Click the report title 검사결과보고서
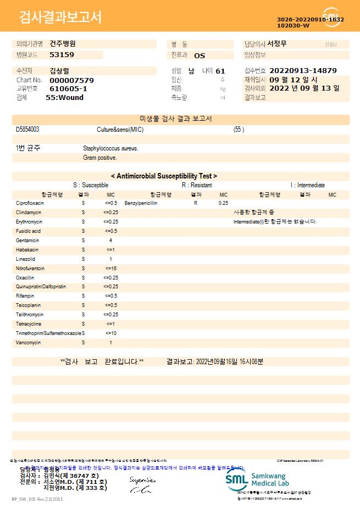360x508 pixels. click(60, 18)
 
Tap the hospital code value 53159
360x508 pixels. click(62, 55)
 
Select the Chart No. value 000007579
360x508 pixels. click(71, 80)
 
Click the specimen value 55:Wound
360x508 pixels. click(64, 98)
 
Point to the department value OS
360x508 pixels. click(200, 55)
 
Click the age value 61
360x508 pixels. click(220, 71)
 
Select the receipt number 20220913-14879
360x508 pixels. click(303, 71)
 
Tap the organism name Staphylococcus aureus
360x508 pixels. click(110, 148)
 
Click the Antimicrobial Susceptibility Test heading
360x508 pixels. click(164, 176)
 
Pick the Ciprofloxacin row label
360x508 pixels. click(30, 203)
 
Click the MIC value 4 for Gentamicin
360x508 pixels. click(110, 241)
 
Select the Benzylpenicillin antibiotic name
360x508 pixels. click(141, 203)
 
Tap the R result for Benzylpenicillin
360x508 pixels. click(196, 203)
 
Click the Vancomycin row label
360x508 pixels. click(29, 343)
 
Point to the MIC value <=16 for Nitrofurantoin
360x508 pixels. click(110, 269)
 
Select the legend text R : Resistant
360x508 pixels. click(197, 186)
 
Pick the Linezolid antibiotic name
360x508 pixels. click(25, 259)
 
